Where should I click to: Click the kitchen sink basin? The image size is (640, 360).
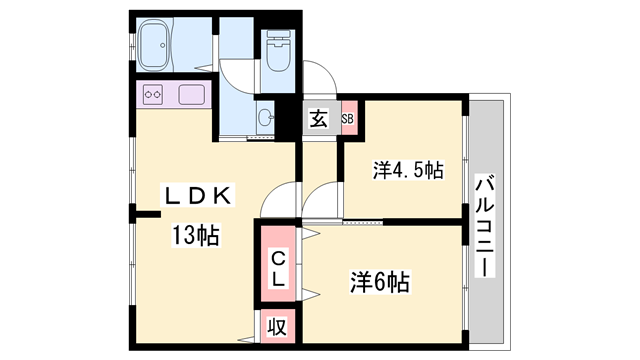point(191,96)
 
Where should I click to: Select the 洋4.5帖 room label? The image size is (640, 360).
point(408,171)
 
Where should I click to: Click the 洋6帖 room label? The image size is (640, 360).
point(379,281)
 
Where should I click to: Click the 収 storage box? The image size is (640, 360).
point(277,328)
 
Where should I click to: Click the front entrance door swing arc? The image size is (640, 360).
point(320,78)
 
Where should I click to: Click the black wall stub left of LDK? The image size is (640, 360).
point(146,213)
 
